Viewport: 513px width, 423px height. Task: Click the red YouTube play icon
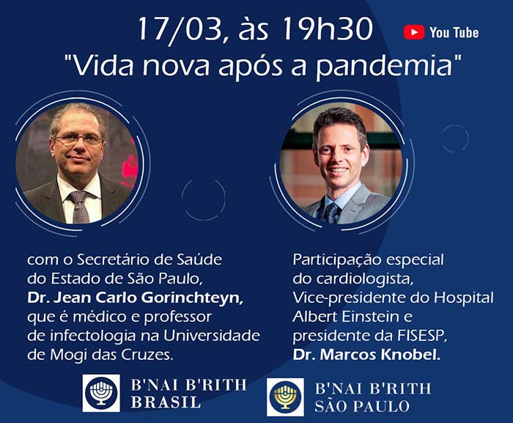414,32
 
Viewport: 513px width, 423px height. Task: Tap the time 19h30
327,29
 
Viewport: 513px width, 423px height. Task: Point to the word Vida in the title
103,66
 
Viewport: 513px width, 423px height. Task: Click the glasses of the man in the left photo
78,140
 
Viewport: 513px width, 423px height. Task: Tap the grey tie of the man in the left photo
79,207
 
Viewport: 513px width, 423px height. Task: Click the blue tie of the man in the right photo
333,213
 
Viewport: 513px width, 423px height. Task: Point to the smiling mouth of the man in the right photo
338,170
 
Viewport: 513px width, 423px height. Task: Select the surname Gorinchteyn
192,298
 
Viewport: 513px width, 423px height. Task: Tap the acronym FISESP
422,336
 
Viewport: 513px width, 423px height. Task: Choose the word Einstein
366,317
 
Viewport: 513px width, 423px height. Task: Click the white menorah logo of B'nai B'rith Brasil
101,392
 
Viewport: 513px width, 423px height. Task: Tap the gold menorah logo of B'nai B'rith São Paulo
285,397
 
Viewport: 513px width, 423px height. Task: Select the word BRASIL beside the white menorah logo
166,402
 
